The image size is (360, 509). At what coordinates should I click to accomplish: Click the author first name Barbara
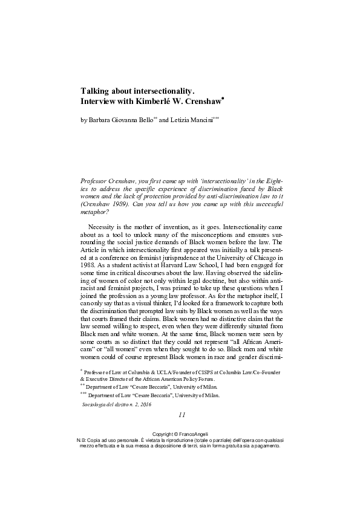(x=103, y=121)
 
